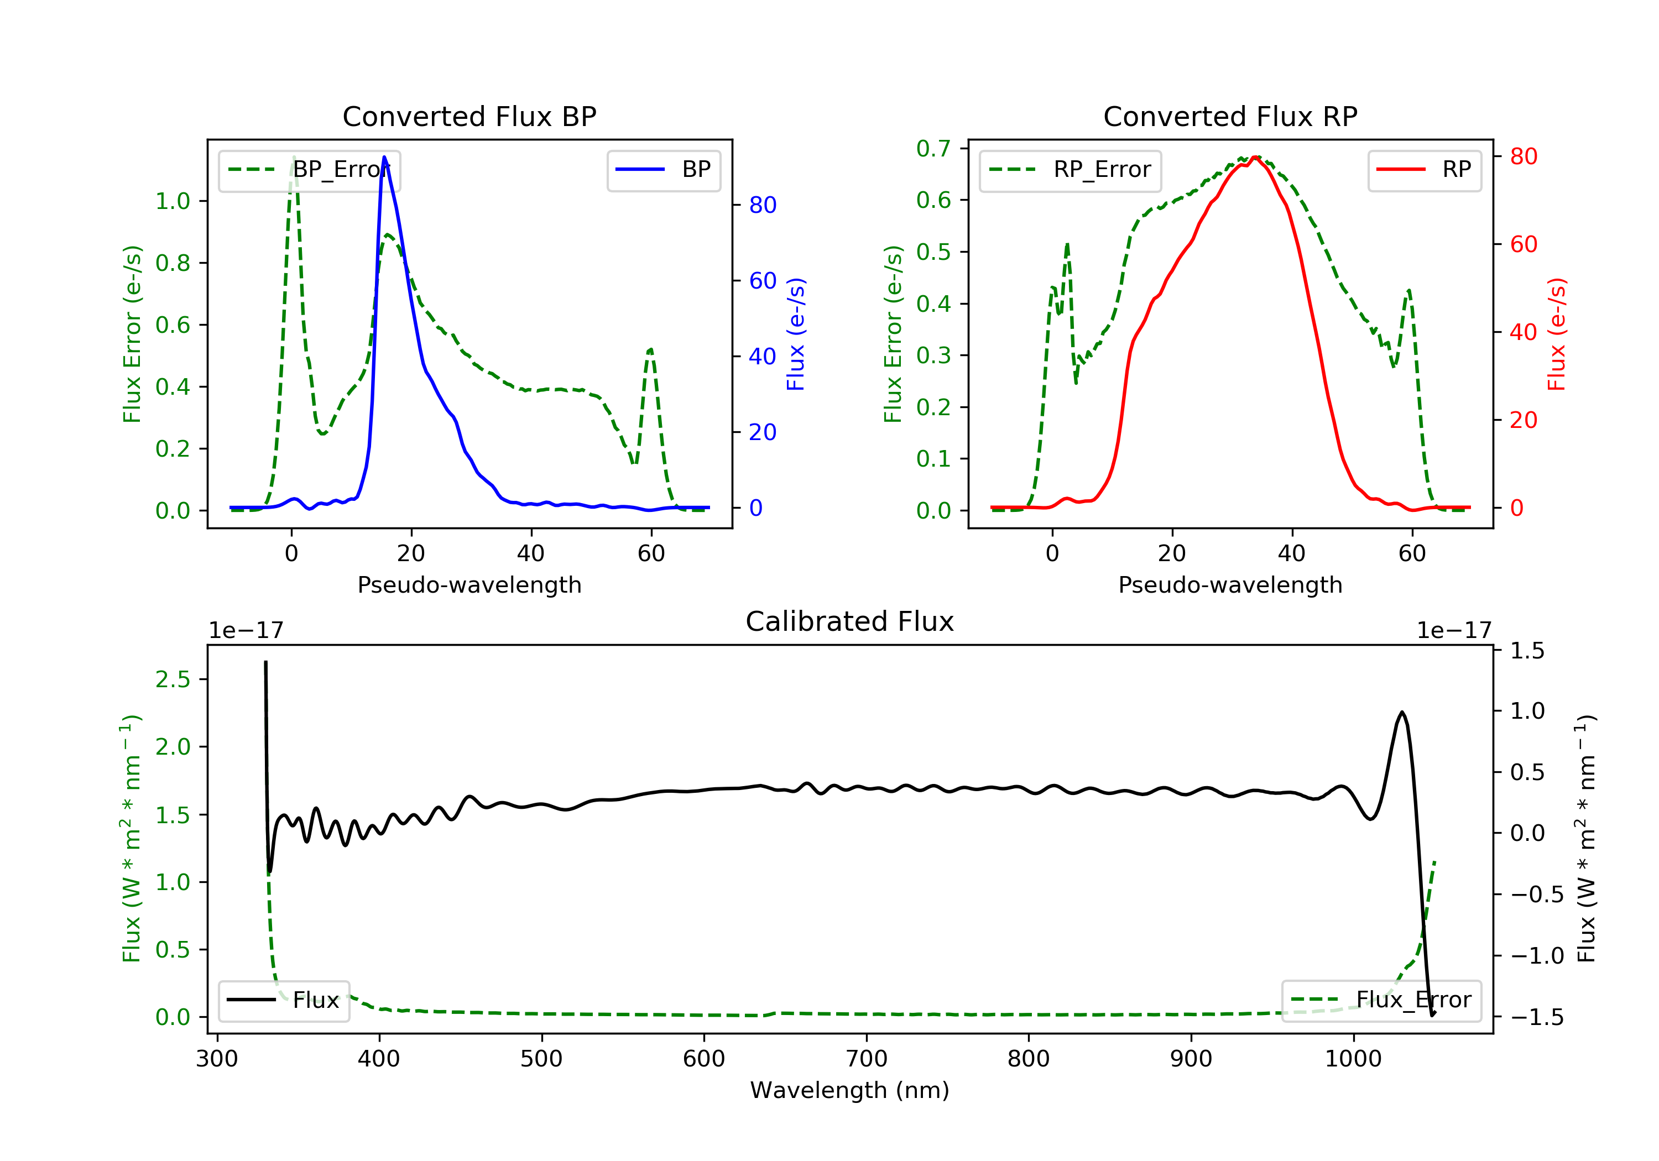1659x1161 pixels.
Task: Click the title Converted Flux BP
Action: coord(469,116)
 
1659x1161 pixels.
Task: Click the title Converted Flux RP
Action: coord(1230,116)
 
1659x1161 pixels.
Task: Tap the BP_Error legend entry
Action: coord(309,170)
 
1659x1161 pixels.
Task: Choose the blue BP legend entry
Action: coord(663,170)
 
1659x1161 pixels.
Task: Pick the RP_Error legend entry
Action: coord(1070,170)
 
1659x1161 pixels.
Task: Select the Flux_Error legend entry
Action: coord(1381,1000)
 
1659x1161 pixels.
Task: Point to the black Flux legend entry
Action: coord(284,1000)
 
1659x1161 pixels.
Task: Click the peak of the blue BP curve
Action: coord(384,157)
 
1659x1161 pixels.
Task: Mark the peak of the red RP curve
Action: coord(1256,158)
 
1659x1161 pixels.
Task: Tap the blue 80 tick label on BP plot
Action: coord(762,205)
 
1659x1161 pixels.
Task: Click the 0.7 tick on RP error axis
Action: coord(933,149)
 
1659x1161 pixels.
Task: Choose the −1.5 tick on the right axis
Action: coord(1536,1017)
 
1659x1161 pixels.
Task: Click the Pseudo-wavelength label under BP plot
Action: coord(469,584)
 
